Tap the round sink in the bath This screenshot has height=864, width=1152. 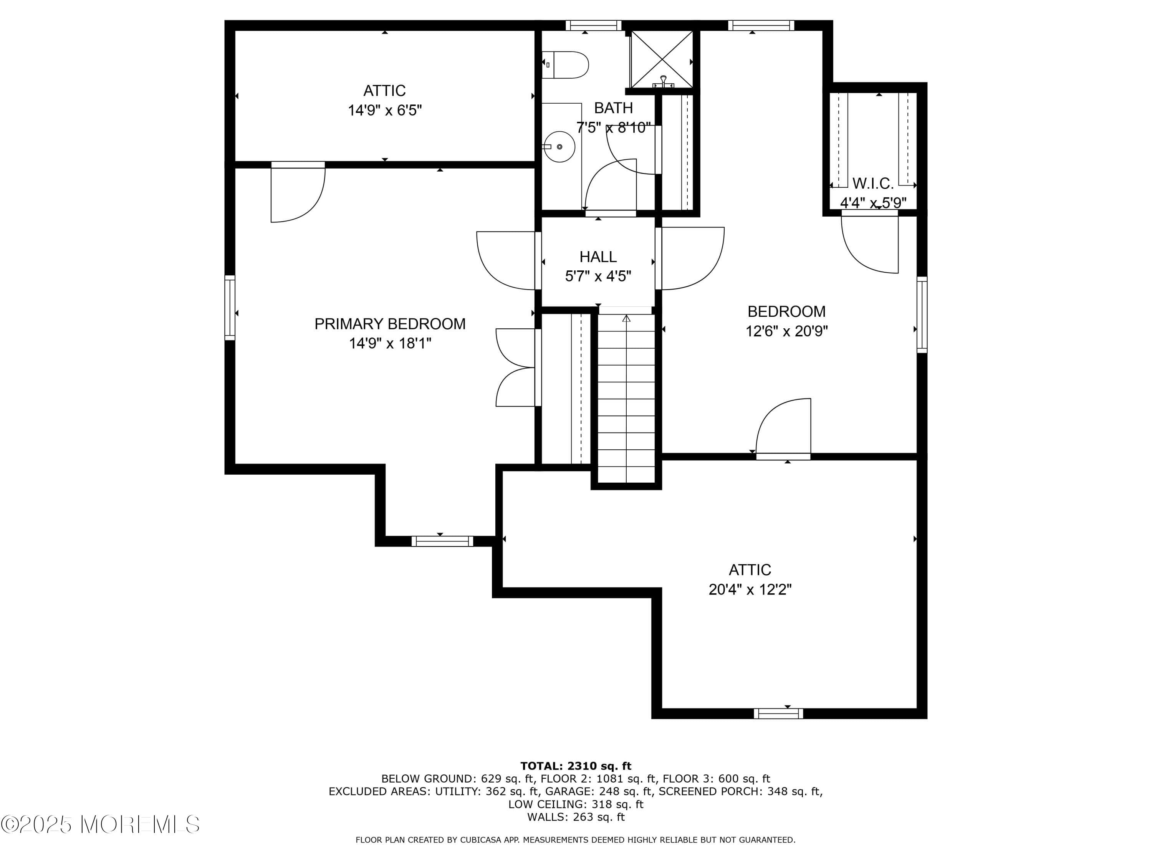[x=560, y=147]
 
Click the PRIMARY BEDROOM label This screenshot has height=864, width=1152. [x=389, y=324]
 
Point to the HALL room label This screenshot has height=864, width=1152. [x=598, y=257]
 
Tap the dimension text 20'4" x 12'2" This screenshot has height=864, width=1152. [x=750, y=589]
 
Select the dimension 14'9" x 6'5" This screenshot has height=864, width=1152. [x=384, y=111]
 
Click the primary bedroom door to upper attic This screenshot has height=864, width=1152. [x=297, y=193]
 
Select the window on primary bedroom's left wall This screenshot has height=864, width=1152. [x=230, y=308]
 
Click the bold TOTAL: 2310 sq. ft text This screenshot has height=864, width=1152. [x=576, y=766]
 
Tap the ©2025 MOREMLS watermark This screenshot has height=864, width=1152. [x=100, y=824]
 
